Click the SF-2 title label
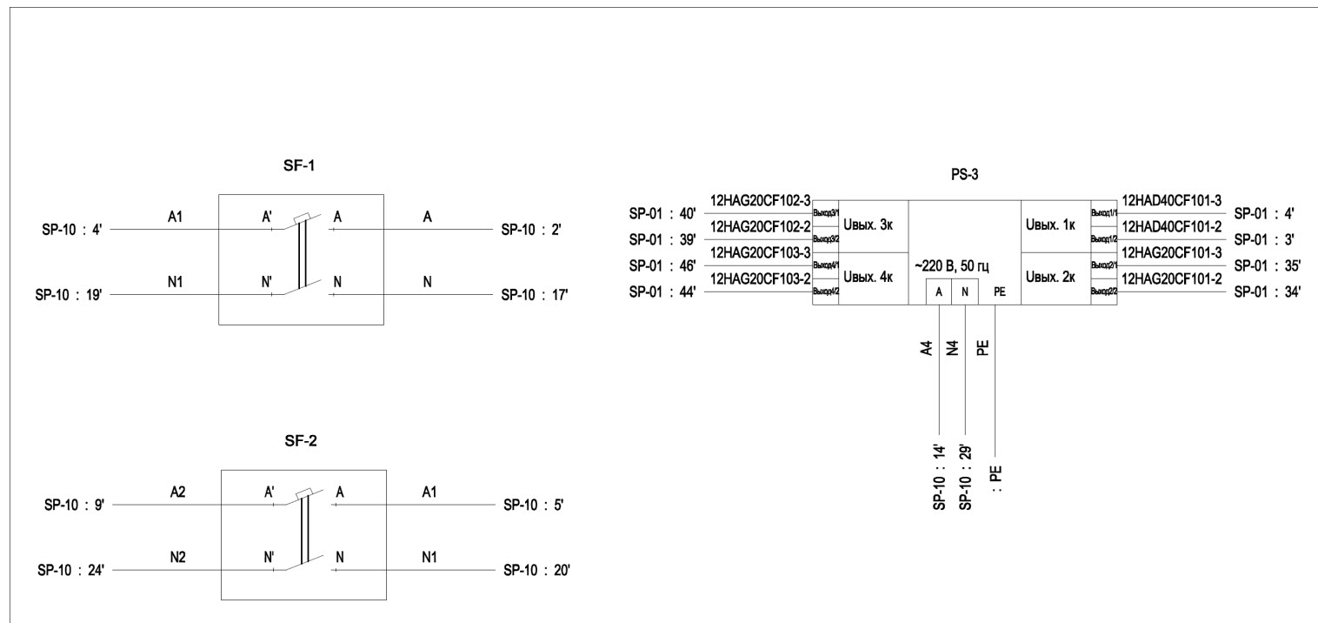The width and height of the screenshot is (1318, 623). (302, 441)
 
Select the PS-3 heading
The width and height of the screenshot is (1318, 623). (964, 176)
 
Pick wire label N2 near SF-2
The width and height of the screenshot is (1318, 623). (178, 558)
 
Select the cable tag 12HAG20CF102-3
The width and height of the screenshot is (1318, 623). (761, 200)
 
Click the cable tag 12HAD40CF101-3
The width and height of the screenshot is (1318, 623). (1172, 200)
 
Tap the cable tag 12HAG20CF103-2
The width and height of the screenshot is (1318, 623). (761, 278)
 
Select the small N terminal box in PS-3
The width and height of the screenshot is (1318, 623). (965, 292)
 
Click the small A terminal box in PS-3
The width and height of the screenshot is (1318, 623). (938, 292)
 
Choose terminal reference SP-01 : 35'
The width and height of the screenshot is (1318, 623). (1267, 266)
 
